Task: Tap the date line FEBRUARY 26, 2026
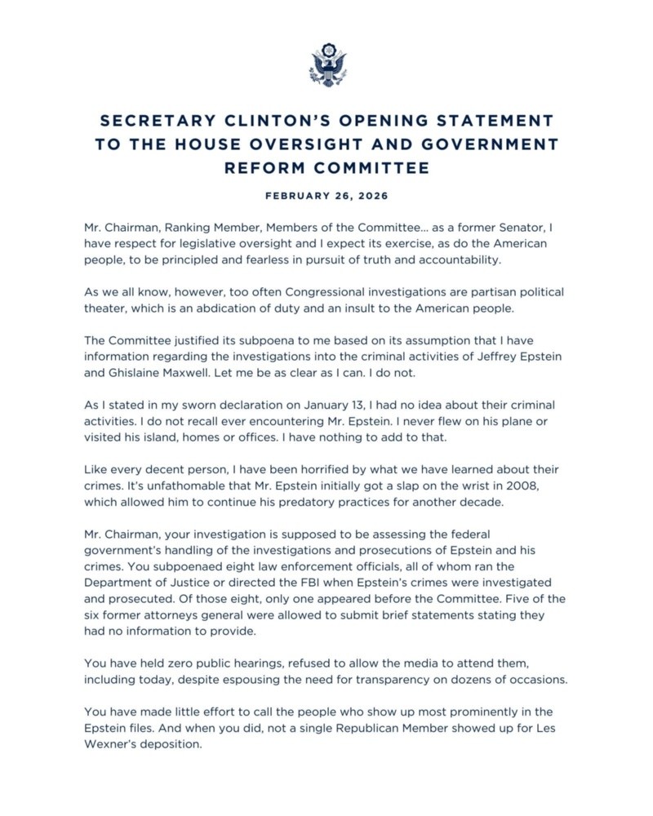(326, 197)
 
